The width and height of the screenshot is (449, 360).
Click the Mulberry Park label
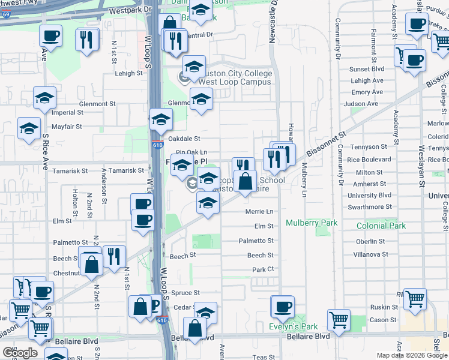pyautogui.click(x=312, y=223)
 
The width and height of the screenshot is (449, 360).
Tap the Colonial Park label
pyautogui.click(x=381, y=226)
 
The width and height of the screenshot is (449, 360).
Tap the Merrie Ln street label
pyautogui.click(x=259, y=211)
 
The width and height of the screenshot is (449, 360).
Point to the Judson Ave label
pyautogui.click(x=364, y=103)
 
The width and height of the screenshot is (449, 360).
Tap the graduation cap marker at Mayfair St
pyautogui.click(x=29, y=128)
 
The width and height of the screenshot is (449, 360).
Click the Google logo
pyautogui.click(x=20, y=352)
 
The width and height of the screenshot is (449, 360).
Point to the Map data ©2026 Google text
pyautogui.click(x=412, y=355)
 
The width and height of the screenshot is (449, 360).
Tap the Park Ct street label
pyautogui.click(x=263, y=269)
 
